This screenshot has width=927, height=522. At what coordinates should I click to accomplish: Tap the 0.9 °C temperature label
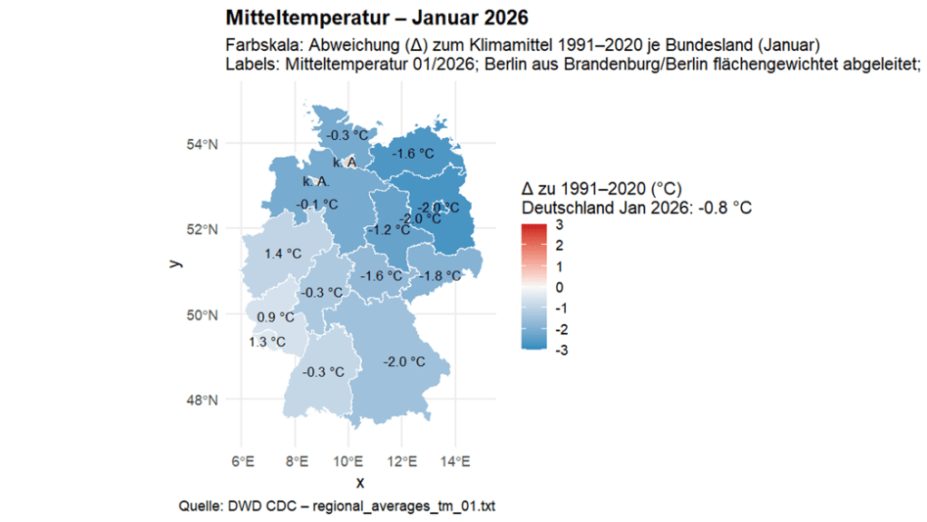click(276, 317)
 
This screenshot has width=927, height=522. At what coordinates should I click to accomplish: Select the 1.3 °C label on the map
click(268, 342)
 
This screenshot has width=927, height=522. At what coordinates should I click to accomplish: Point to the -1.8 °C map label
click(443, 276)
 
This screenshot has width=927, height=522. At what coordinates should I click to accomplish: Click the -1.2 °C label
click(389, 231)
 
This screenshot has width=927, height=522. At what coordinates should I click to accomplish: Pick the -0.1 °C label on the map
click(317, 204)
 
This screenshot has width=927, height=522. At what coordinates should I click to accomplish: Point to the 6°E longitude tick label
click(242, 463)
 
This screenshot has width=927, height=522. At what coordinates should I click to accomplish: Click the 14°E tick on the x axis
click(454, 463)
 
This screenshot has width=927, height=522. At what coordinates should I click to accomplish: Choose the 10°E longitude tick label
click(348, 463)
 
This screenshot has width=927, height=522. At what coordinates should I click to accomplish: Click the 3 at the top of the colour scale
click(560, 224)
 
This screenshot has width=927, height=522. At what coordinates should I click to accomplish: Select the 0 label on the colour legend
click(560, 287)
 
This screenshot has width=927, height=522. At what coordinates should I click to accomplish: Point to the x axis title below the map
click(360, 482)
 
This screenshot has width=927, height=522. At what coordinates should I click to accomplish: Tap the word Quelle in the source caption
click(202, 505)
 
